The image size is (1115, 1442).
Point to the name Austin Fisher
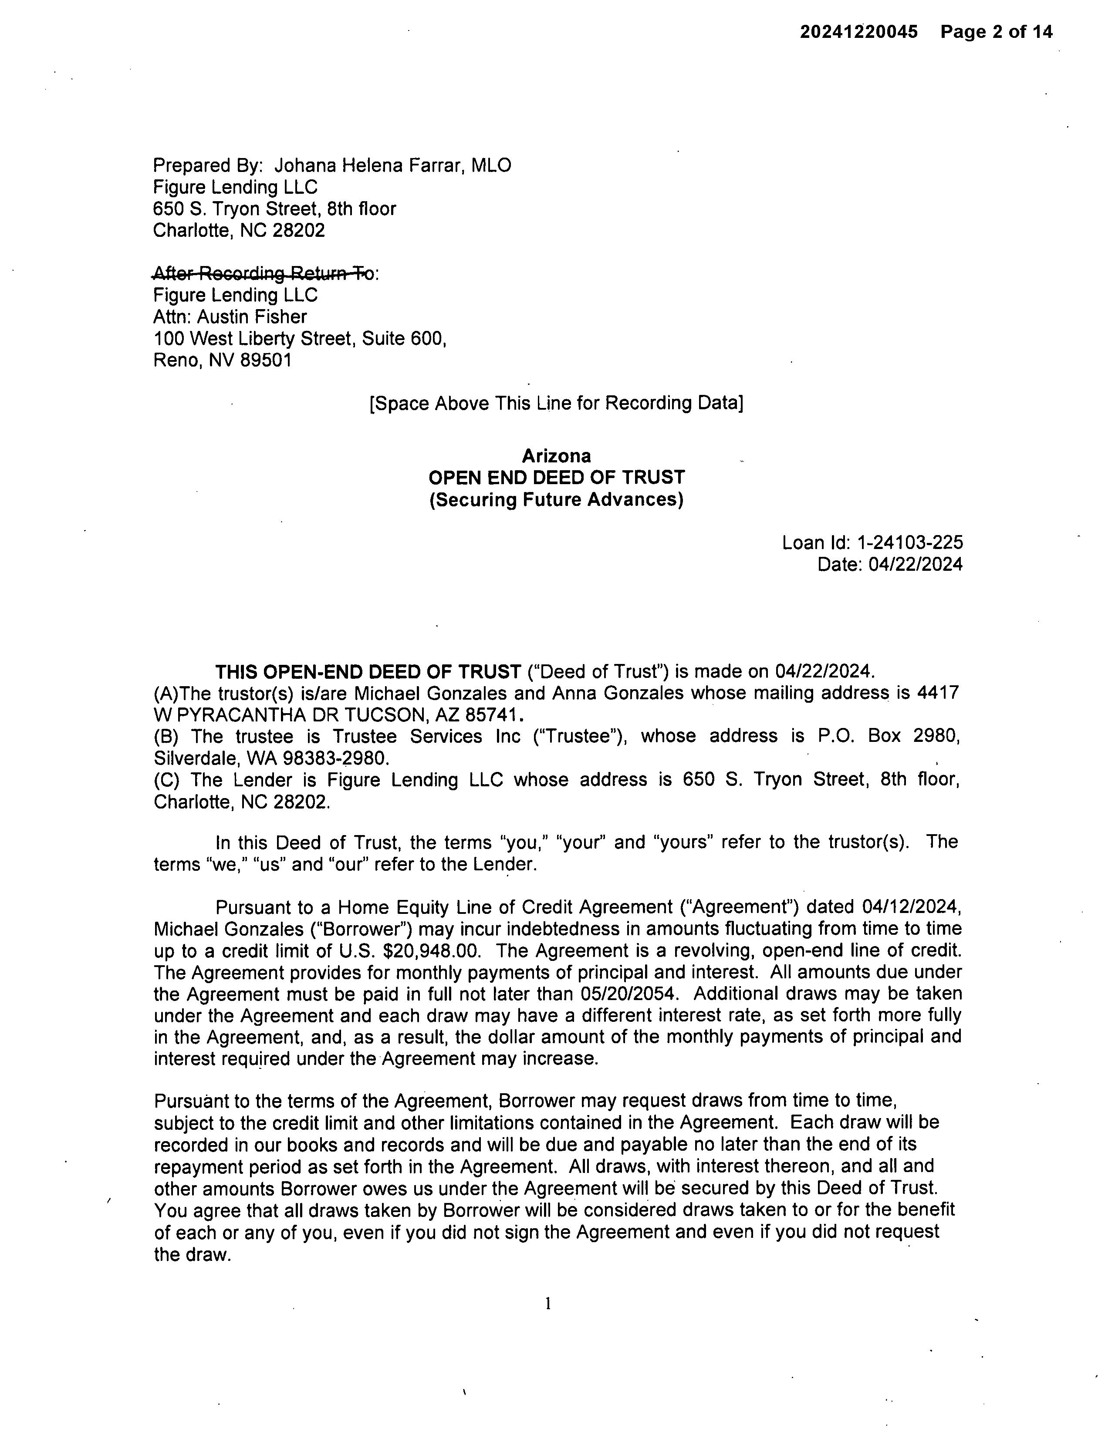tap(252, 317)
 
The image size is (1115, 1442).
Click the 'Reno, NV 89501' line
tap(222, 360)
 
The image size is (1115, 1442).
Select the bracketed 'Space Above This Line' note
tap(556, 403)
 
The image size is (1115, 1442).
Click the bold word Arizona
tap(556, 455)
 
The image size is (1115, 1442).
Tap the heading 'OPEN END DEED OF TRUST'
tap(556, 477)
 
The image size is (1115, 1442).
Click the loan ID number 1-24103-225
tap(909, 543)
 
